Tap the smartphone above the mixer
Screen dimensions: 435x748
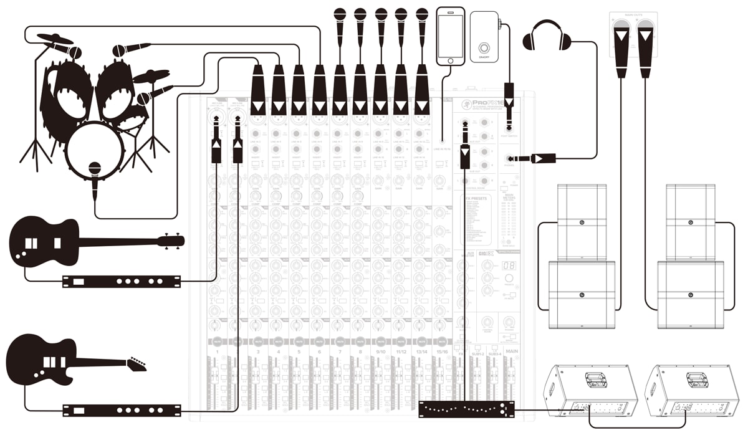pyautogui.click(x=450, y=36)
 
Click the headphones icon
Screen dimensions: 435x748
pyautogui.click(x=547, y=36)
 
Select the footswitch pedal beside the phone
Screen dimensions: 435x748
pyautogui.click(x=484, y=37)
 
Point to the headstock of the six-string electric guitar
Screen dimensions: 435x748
pyautogui.click(x=137, y=363)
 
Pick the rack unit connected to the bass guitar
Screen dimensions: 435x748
pyautogui.click(x=121, y=281)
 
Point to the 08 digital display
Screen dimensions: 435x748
pyautogui.click(x=509, y=266)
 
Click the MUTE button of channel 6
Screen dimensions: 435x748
pyautogui.click(x=319, y=342)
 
